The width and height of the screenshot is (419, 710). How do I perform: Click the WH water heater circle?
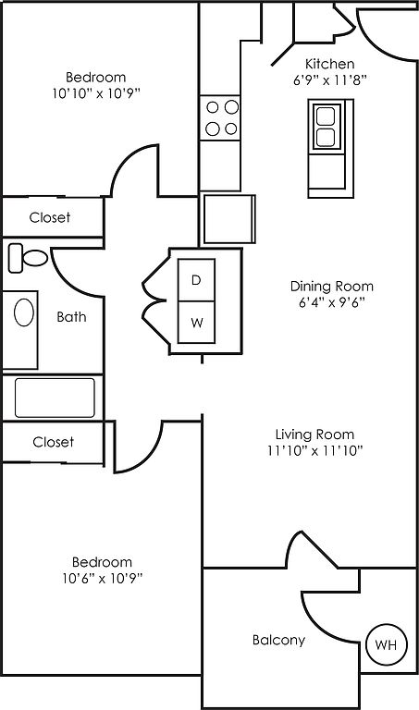tap(386, 643)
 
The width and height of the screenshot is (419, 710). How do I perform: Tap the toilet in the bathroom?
tap(28, 258)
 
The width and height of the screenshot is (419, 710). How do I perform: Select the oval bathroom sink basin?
tap(23, 312)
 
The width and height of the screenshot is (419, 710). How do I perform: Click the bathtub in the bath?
tap(55, 398)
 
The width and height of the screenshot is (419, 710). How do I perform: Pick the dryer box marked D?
tap(196, 280)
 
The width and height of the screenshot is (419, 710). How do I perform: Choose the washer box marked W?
tap(196, 323)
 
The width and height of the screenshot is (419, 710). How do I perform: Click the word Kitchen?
tap(330, 64)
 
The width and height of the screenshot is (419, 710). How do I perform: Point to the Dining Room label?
tap(332, 287)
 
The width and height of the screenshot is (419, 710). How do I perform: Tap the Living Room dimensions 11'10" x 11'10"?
tap(315, 450)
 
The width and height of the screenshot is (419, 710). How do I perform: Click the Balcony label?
tap(278, 641)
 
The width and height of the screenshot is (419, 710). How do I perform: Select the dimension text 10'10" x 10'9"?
tap(96, 93)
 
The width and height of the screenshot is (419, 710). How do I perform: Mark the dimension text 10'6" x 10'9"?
tap(103, 578)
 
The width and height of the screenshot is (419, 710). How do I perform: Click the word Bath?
tap(71, 316)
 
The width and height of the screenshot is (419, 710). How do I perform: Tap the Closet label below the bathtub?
tap(53, 442)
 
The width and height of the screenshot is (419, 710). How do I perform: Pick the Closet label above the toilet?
tap(50, 217)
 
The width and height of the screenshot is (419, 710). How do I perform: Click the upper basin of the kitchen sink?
tap(326, 116)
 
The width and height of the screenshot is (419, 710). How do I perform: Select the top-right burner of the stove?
tap(231, 107)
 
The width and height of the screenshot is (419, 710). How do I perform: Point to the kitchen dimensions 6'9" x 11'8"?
tap(330, 80)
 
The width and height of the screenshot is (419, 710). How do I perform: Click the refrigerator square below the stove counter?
tap(228, 219)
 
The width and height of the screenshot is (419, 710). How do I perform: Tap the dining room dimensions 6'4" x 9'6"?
tap(332, 302)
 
